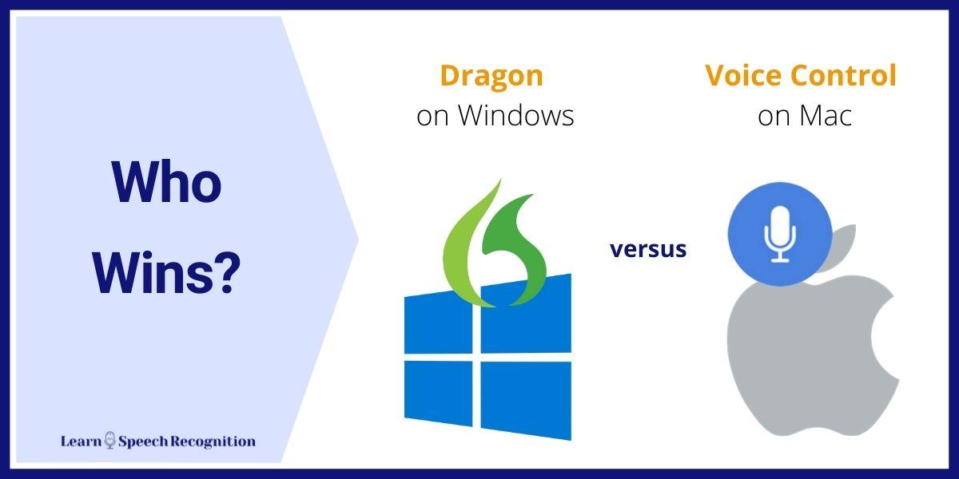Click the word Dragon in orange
pos(491,77)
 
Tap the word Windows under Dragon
pos(516,115)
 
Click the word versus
pos(648,249)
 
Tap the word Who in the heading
pos(166,182)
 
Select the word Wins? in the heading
pos(166,273)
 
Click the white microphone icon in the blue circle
pos(780,234)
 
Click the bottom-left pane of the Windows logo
pos(439,393)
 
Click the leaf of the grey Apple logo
pos(840,248)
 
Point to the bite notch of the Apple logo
pos(886,338)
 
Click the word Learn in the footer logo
pos(82,441)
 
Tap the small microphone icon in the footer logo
pos(110,440)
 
